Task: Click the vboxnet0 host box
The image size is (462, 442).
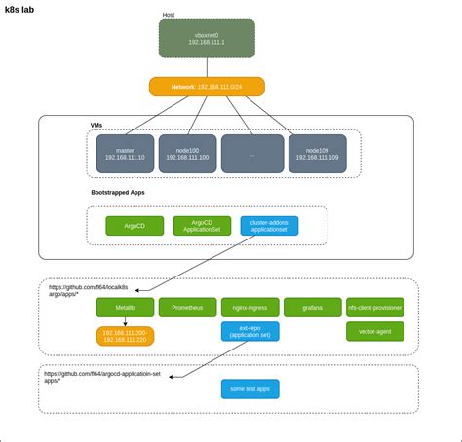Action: point(207,38)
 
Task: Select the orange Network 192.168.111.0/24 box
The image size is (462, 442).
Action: point(207,87)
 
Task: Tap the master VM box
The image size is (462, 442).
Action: point(125,154)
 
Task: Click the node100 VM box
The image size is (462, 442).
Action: point(187,154)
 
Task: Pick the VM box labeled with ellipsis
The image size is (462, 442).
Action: point(252,154)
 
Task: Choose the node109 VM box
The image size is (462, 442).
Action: point(317,154)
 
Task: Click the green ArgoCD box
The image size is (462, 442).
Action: point(135,226)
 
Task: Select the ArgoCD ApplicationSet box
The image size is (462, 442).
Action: point(202,226)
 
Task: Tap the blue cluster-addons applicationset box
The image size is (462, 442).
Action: point(269,226)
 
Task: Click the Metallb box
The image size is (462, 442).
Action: point(125,308)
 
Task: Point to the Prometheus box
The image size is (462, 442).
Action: point(187,308)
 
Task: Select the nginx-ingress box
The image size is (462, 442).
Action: point(250,308)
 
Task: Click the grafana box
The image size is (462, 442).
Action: point(312,308)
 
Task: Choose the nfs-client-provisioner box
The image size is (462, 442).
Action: point(374,308)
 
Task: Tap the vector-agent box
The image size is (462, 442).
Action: point(374,331)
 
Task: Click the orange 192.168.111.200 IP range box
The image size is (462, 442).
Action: point(125,336)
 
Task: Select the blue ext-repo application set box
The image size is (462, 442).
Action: point(250,331)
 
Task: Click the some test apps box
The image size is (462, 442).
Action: point(250,388)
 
